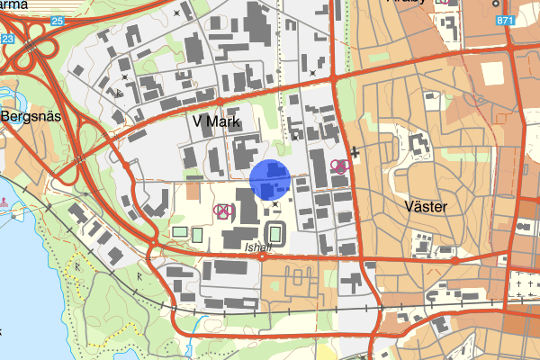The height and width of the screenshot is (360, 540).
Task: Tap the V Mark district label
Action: (x=213, y=120)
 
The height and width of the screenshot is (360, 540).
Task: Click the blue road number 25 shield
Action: (x=58, y=20)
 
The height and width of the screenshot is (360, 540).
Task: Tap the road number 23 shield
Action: (x=7, y=39)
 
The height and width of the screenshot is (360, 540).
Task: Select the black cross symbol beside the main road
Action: (x=355, y=154)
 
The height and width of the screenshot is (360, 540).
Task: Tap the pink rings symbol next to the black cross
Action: (x=339, y=166)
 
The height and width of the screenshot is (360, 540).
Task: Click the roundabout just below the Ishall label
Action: (x=262, y=256)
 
